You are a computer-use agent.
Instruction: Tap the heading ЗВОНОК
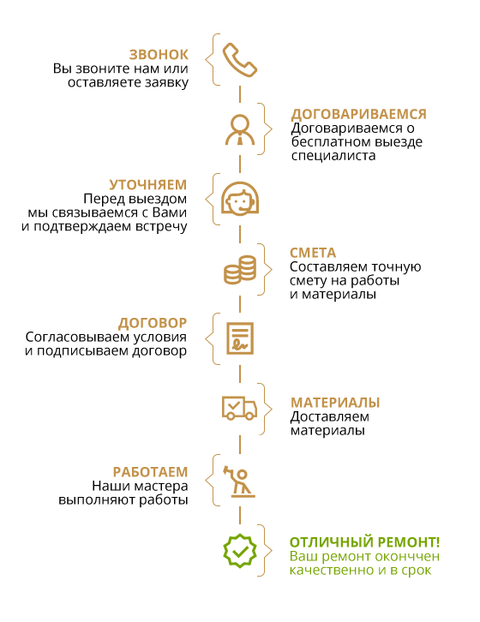[159, 55]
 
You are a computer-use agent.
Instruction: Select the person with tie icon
[240, 129]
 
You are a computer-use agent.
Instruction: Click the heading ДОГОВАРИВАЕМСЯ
[358, 114]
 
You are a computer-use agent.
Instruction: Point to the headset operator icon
[240, 199]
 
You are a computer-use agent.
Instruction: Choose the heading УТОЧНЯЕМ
[147, 185]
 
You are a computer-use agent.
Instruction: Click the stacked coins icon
[240, 270]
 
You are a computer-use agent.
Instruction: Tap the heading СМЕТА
[313, 253]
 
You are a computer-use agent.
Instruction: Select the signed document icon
[240, 338]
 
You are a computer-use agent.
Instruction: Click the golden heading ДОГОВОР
[152, 323]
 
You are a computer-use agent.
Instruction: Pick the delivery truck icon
[239, 408]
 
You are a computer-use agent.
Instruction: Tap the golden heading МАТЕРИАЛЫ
[335, 402]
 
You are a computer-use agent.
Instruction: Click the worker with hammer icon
[239, 481]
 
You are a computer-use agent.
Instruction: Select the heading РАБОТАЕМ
[150, 472]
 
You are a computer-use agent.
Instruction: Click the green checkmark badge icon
[240, 551]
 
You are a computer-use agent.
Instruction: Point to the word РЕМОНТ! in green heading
[409, 541]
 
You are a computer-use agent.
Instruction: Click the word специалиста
[333, 155]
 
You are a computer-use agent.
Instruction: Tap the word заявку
[166, 83]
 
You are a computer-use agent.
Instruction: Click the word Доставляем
[329, 416]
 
